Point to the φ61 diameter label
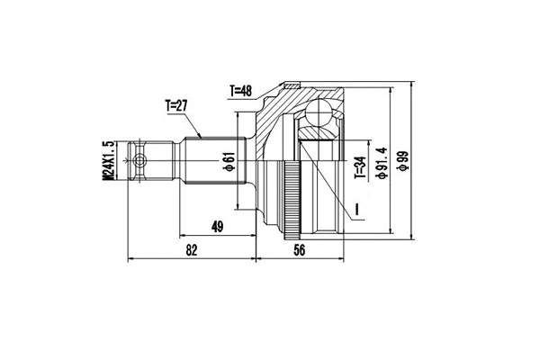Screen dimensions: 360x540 coord(229,162)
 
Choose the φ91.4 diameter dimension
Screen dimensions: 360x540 coord(382,162)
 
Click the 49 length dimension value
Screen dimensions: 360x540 coord(216,227)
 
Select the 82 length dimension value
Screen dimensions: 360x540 coord(191,251)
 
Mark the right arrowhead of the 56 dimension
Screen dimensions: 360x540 coord(339,261)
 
